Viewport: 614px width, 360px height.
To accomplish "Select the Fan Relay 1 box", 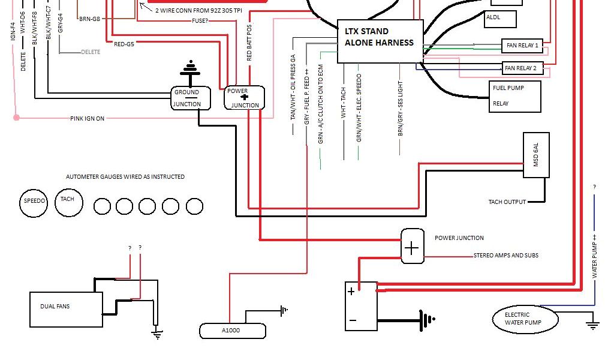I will click(x=521, y=46).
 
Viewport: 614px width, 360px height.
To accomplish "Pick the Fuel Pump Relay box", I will click(x=516, y=96).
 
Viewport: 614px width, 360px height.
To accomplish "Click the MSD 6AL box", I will click(x=536, y=155).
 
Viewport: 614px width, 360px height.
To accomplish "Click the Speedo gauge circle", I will click(x=34, y=202).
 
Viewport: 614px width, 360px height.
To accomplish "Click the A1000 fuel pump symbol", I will click(x=232, y=331).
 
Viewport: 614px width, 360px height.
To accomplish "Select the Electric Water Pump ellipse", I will click(x=525, y=319).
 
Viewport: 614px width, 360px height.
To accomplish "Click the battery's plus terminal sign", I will click(x=351, y=292).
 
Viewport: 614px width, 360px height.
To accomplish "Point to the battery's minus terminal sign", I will click(x=352, y=320).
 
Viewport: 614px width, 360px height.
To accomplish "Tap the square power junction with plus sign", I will click(x=412, y=247).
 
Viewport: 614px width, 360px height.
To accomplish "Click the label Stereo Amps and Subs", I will click(x=505, y=256).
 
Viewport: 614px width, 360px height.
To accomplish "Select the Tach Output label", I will click(x=507, y=202).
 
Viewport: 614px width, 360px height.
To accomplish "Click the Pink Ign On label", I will click(x=87, y=119).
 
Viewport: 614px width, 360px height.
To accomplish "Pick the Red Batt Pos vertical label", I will click(x=249, y=43).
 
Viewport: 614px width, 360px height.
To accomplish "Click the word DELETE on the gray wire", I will click(x=91, y=52).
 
